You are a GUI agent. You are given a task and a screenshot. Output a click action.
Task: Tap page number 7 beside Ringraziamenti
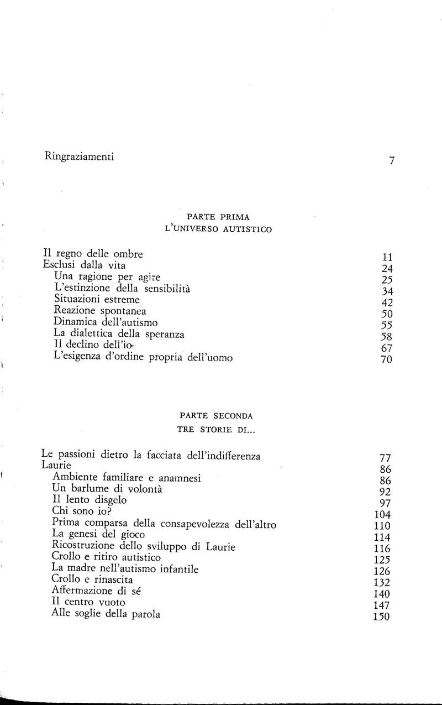click(x=391, y=161)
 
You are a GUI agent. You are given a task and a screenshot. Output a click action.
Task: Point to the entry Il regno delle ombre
click(x=93, y=254)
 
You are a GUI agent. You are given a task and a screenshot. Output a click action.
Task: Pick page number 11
click(x=387, y=258)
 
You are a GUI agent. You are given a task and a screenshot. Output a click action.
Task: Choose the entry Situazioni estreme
click(x=97, y=299)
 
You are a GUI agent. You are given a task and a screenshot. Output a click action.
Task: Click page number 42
click(x=387, y=303)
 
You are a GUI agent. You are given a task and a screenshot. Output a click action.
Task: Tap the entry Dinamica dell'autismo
click(x=106, y=322)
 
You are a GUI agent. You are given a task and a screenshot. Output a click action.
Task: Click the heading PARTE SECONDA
click(x=217, y=415)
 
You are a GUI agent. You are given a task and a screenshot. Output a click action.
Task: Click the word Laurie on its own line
click(x=56, y=466)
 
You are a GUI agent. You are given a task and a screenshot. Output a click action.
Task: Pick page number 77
click(x=386, y=458)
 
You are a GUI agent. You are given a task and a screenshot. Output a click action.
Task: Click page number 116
click(x=382, y=549)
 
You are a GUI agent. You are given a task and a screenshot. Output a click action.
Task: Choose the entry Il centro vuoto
click(x=88, y=602)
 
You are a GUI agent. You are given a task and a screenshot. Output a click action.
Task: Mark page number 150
click(x=382, y=618)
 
